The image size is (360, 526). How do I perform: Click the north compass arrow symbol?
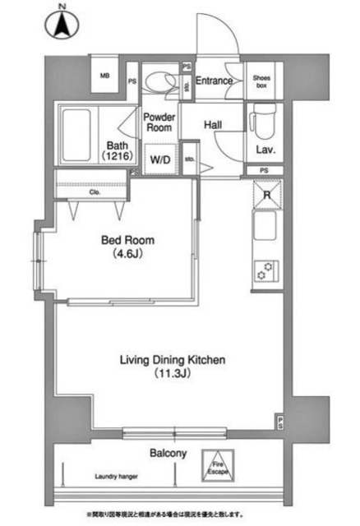(62, 22)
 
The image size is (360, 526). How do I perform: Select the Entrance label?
(214, 81)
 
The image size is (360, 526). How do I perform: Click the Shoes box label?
(263, 81)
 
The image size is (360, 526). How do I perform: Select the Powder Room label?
(158, 122)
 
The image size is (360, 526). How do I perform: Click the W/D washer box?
(159, 160)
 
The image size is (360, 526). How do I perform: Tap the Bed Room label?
(127, 247)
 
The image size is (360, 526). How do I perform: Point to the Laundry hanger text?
(115, 476)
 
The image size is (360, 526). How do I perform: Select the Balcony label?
(168, 453)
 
